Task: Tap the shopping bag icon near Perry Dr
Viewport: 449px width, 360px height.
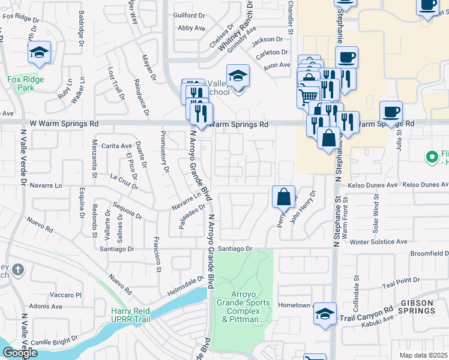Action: click(284, 197)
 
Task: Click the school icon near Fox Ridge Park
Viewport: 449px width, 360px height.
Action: click(39, 53)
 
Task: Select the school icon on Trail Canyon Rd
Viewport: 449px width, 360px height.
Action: click(325, 314)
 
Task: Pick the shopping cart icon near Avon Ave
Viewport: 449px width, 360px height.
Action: click(309, 95)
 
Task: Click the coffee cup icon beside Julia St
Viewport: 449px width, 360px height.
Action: click(391, 112)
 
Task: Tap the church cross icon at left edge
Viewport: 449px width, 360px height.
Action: click(17, 269)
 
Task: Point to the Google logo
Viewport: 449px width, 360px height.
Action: click(20, 353)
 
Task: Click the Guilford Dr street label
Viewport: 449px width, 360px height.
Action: click(190, 15)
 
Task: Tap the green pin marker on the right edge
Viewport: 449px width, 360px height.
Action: click(431, 157)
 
